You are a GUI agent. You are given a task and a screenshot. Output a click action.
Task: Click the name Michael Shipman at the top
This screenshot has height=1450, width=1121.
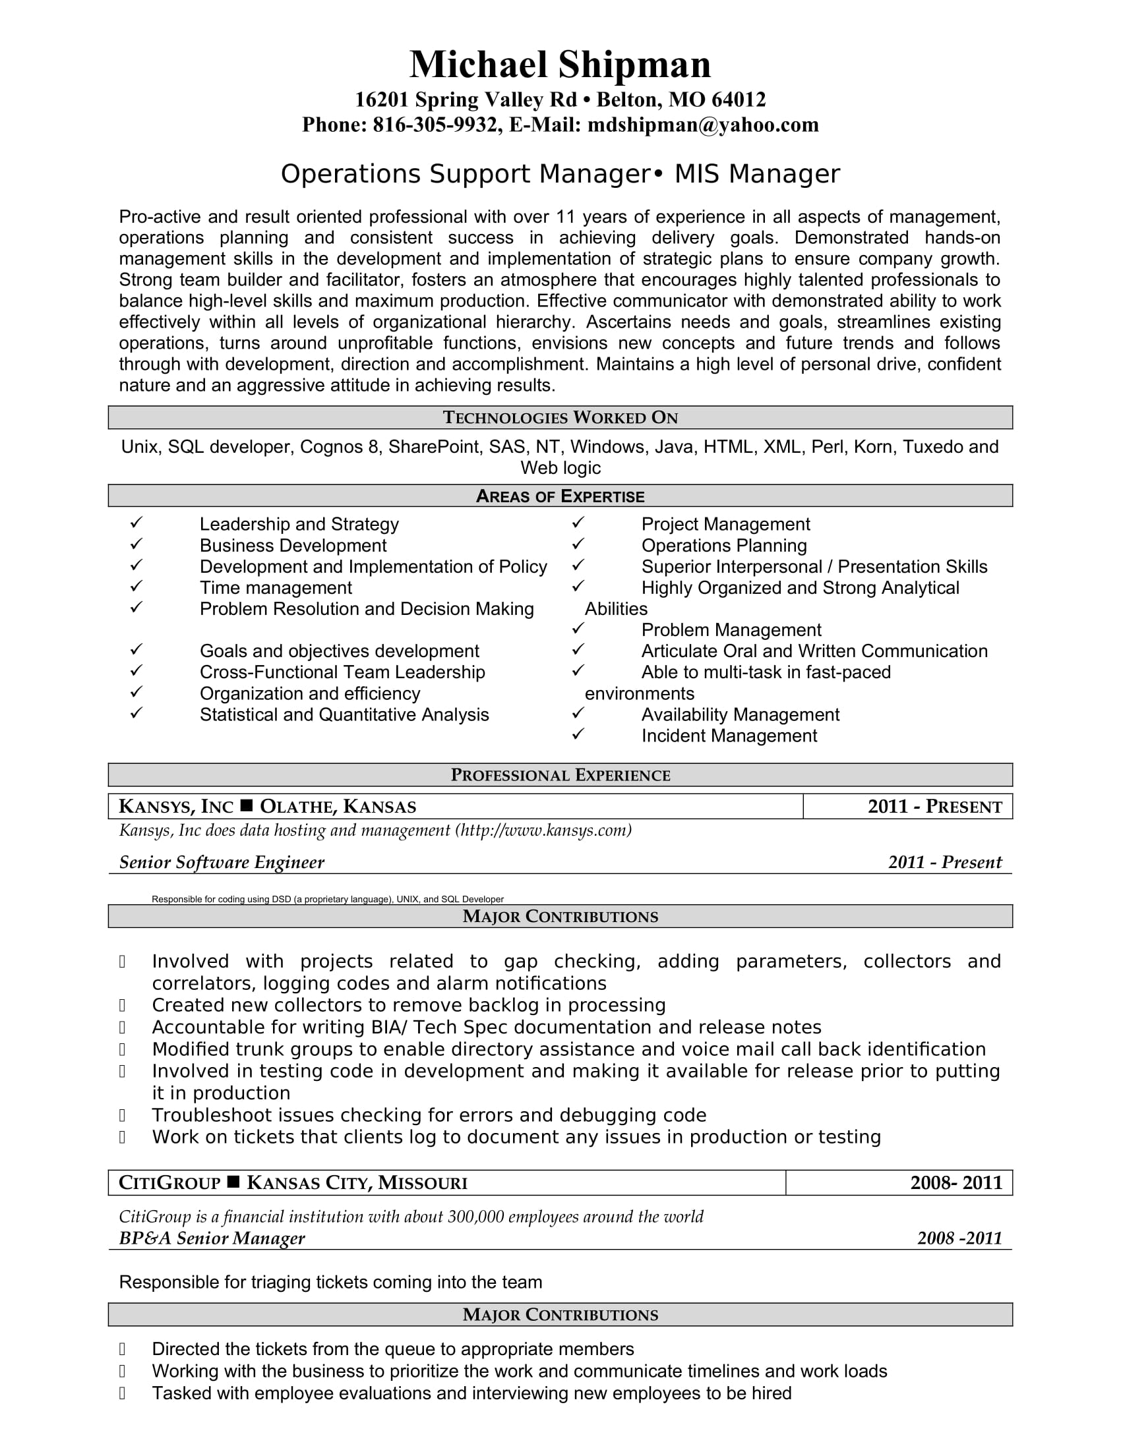click(x=560, y=65)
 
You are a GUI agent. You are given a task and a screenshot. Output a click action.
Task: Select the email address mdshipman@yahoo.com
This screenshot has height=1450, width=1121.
click(x=703, y=125)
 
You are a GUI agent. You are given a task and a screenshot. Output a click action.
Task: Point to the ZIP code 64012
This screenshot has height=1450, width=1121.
click(x=738, y=100)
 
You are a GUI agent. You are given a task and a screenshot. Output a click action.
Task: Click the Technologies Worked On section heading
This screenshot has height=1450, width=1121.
click(x=560, y=418)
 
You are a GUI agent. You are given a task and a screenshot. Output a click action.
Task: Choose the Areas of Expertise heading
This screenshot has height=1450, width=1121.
click(x=560, y=496)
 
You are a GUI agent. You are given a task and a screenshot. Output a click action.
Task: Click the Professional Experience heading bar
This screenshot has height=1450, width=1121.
click(x=560, y=775)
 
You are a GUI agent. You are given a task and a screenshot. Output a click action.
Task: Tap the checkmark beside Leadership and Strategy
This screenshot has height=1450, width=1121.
click(x=136, y=523)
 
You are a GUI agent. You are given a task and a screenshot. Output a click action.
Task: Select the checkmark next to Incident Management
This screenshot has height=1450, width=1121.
click(x=578, y=734)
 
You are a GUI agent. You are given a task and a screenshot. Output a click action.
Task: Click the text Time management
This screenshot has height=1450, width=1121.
click(x=276, y=587)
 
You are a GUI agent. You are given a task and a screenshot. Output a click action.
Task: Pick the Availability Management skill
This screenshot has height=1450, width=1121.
click(x=740, y=714)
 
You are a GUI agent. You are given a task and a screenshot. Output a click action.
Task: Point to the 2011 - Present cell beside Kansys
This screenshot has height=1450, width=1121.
click(x=934, y=807)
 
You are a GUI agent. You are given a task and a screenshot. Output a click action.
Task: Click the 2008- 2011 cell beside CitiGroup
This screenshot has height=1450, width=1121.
click(x=955, y=1182)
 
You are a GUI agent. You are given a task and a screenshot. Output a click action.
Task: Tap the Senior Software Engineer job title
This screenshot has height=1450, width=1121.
click(x=222, y=862)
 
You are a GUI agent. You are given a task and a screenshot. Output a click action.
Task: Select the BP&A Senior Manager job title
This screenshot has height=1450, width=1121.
click(x=212, y=1238)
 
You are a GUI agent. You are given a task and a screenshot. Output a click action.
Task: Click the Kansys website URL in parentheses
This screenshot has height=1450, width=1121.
click(x=543, y=830)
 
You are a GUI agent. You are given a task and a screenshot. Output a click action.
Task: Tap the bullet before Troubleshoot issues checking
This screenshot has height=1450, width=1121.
click(x=122, y=1115)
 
